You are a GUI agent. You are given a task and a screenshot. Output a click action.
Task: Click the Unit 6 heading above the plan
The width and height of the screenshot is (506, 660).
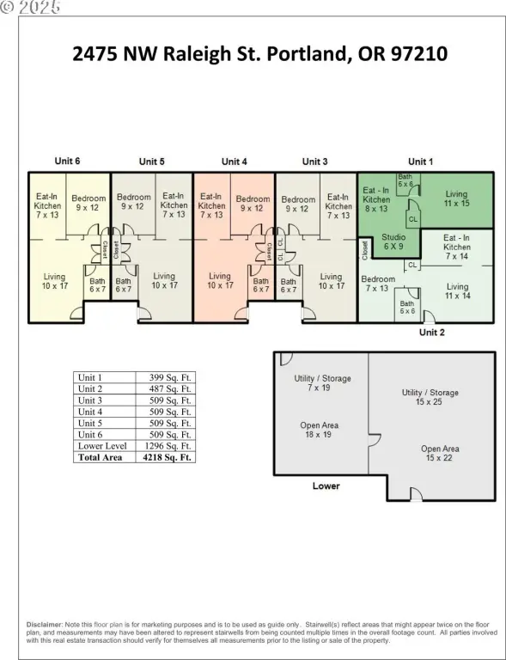[67, 161]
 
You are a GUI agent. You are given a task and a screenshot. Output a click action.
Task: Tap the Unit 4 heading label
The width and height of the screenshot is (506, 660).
[235, 162]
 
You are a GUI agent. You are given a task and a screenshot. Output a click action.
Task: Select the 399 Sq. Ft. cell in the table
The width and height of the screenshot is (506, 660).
[170, 377]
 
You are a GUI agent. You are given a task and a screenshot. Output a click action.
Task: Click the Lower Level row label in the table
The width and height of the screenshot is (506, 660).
[102, 446]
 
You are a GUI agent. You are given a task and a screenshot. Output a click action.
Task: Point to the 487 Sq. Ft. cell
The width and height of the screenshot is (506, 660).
[170, 389]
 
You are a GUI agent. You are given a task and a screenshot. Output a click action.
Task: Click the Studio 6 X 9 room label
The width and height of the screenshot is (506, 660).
[393, 241]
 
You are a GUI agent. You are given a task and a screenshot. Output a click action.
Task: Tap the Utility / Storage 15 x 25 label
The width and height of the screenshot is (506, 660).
[430, 397]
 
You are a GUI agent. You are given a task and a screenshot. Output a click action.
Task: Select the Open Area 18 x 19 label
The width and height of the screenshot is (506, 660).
[319, 430]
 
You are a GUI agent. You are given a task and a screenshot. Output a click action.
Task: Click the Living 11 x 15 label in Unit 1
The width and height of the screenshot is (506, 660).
[456, 199]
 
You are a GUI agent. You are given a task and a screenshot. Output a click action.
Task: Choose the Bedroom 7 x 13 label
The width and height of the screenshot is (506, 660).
[378, 284]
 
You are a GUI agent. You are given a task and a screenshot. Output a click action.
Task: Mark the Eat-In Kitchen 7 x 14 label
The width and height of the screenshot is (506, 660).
[457, 247]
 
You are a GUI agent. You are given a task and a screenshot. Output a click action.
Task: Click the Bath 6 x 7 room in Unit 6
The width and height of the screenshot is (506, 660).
[97, 285]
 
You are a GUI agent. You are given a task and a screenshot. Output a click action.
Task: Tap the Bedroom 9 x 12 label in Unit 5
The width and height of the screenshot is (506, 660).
[133, 202]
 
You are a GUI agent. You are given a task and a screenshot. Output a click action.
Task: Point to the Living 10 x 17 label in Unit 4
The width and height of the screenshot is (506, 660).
[220, 281]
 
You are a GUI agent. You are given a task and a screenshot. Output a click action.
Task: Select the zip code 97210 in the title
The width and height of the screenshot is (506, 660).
[419, 54]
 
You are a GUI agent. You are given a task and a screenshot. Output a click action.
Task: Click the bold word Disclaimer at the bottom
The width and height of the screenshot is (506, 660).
[45, 625]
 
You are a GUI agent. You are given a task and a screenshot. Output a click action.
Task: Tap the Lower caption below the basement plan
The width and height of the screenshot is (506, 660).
[326, 486]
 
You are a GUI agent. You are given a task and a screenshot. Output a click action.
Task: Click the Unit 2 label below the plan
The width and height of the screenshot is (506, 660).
[432, 333]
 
